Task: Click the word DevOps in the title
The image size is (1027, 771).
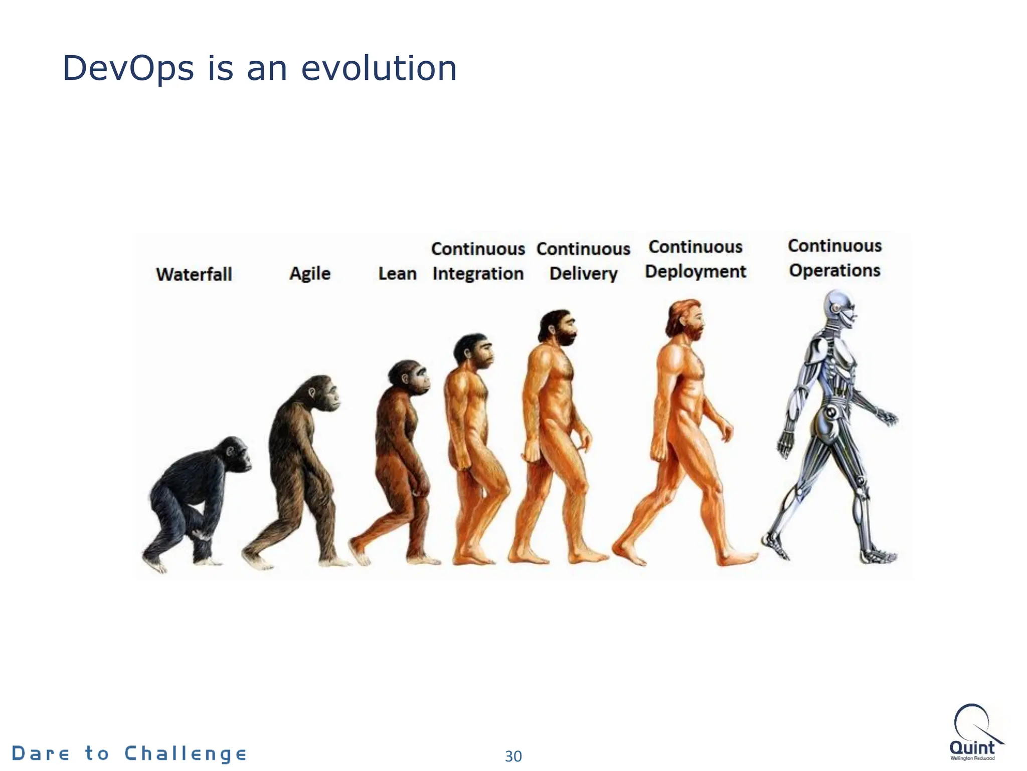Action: click(x=128, y=68)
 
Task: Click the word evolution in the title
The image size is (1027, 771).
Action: click(x=379, y=68)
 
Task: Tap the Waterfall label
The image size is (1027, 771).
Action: click(x=194, y=274)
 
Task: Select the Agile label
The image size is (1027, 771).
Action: click(x=310, y=274)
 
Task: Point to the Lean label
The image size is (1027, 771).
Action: click(x=397, y=274)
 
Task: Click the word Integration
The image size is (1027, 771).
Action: click(x=478, y=274)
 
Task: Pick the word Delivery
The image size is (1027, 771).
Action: click(x=583, y=274)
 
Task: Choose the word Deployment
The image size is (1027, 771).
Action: click(x=696, y=272)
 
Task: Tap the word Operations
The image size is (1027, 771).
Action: click(x=834, y=271)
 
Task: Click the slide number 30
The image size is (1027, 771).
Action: click(x=513, y=756)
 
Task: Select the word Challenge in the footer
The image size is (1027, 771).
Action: click(x=186, y=753)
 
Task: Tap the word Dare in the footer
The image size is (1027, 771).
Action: click(x=41, y=753)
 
